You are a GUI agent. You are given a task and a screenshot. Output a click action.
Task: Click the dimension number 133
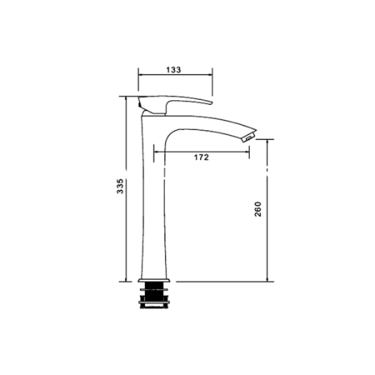(x=173, y=69)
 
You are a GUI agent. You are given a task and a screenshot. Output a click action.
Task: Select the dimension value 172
(x=201, y=157)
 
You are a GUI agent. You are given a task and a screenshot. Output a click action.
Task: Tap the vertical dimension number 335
(x=120, y=186)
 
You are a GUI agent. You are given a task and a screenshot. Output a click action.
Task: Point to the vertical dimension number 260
(x=258, y=209)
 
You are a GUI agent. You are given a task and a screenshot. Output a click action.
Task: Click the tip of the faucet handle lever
(x=211, y=103)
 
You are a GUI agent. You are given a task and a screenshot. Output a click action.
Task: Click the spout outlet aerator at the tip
(x=248, y=137)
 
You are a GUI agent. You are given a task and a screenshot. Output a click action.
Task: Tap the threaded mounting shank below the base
(x=153, y=295)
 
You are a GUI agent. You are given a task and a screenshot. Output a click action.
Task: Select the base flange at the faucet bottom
(x=153, y=280)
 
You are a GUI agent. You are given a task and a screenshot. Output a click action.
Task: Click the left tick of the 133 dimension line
(x=138, y=74)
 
